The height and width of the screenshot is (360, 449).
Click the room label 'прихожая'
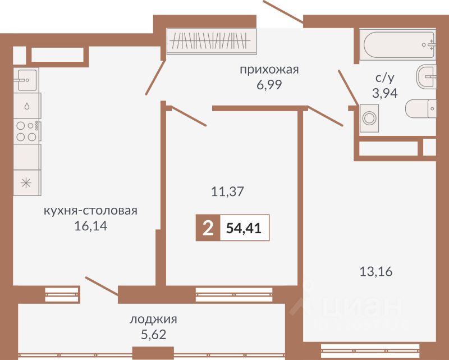click(269, 70)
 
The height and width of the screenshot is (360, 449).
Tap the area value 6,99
click(269, 85)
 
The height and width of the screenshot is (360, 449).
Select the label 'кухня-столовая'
click(90, 211)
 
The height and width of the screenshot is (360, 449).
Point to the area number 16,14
click(91, 226)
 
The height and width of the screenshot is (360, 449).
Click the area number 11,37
click(227, 192)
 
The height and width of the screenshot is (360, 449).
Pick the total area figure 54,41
click(244, 228)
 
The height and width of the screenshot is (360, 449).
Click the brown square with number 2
click(208, 228)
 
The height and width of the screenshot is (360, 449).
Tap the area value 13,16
click(376, 271)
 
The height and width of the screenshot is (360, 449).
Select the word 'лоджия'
click(153, 320)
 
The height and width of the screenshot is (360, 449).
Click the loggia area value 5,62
click(153, 335)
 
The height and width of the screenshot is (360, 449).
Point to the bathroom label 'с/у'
click(385, 78)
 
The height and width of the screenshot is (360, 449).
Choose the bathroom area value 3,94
click(385, 93)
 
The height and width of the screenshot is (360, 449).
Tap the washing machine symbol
click(369, 118)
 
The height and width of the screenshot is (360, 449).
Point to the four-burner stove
click(27, 131)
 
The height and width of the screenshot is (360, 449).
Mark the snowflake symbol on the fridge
click(26, 183)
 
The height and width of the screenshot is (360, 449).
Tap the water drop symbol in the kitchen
click(27, 106)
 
